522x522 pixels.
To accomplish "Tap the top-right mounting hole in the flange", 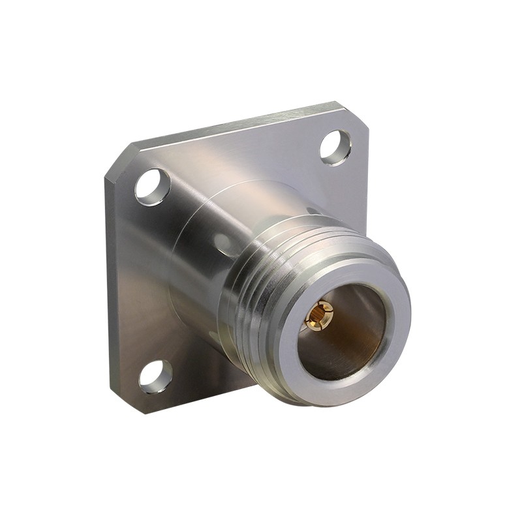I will (x=335, y=147).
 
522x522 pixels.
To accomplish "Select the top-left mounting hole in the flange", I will (x=153, y=187).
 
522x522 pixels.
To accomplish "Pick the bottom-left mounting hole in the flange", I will (x=156, y=376).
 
